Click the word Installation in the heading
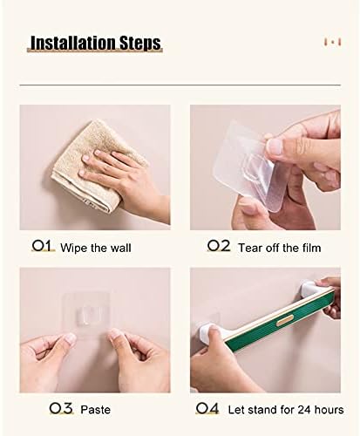(x=70, y=43)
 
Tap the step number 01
(x=43, y=246)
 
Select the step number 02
(x=219, y=246)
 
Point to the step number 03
(x=61, y=408)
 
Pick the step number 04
(x=207, y=408)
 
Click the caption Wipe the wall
(x=96, y=248)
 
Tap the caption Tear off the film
(x=280, y=248)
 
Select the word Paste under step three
(x=95, y=410)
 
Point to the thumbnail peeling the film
(x=275, y=146)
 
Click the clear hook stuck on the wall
(x=86, y=316)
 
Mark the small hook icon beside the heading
(x=333, y=42)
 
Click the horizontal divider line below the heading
(x=180, y=85)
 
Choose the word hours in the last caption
(x=329, y=410)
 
